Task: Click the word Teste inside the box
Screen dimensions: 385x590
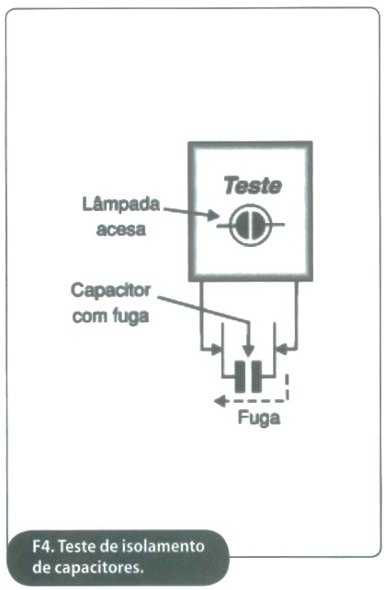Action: coord(253,185)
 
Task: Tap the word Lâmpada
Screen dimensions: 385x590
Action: coord(121,205)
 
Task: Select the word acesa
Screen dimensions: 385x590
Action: coord(121,229)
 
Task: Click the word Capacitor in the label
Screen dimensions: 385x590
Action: coord(110,291)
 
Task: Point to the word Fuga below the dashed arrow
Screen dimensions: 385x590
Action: coord(259,417)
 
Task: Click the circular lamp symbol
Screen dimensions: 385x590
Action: coord(250,225)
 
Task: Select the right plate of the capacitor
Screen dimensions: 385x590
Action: coord(256,376)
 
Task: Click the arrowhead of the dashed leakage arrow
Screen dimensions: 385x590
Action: coord(220,401)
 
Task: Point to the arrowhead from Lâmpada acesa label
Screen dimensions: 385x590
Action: coord(213,216)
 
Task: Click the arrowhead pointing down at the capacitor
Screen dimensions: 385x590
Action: coord(248,351)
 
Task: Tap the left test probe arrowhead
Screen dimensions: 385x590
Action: coord(216,350)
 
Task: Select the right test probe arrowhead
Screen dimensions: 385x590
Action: coord(282,350)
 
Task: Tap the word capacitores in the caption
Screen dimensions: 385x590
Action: coord(95,568)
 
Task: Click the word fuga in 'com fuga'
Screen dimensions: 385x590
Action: coord(131,317)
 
